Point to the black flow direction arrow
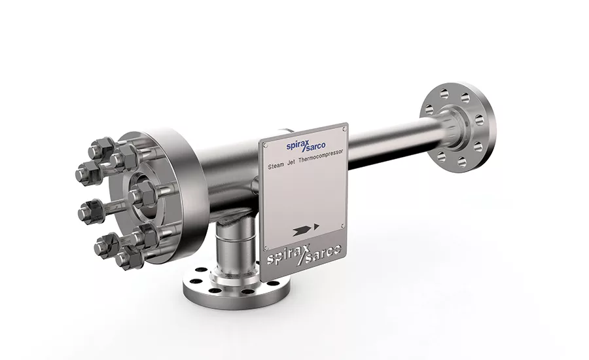(306, 228)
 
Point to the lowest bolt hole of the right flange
(461, 162)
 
